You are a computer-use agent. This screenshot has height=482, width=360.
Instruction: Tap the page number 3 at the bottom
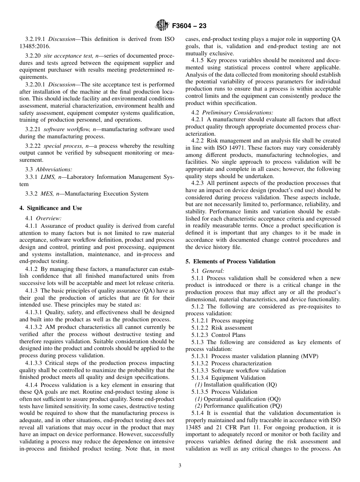coord(180,466)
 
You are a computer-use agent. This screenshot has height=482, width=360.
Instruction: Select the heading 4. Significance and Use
coord(50,208)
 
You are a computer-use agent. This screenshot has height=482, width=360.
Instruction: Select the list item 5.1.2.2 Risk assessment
coord(222,328)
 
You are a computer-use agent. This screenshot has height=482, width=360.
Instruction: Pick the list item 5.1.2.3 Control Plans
coord(218,335)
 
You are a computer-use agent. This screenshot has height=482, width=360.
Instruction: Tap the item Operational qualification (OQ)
coord(238,399)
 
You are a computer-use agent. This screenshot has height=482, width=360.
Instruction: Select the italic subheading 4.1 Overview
coord(43,218)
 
